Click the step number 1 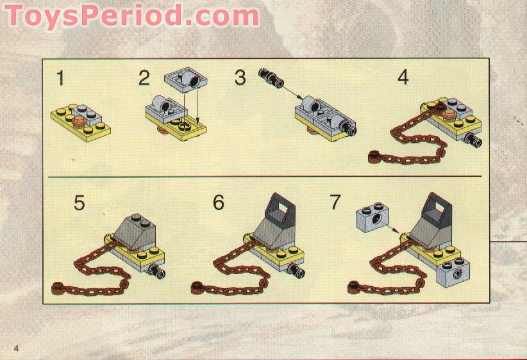pos(60,79)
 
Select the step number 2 pos(144,79)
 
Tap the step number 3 pos(240,78)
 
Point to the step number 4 pos(403,78)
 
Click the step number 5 pos(79,202)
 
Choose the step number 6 pos(219,202)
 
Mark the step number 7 pos(335,202)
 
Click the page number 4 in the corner pos(16,347)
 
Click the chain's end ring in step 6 pos(196,286)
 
